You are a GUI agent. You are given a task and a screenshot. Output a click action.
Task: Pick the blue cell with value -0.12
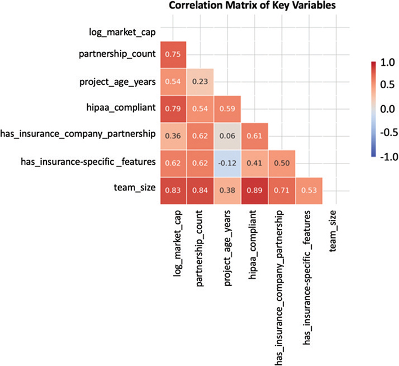coord(228,163)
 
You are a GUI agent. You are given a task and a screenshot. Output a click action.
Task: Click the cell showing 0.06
coord(228,135)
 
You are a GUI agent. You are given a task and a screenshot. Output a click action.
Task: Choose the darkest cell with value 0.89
coord(255,191)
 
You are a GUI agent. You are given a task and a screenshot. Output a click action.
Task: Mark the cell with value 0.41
coord(255,163)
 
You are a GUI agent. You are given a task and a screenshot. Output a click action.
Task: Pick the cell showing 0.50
coord(282,163)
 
